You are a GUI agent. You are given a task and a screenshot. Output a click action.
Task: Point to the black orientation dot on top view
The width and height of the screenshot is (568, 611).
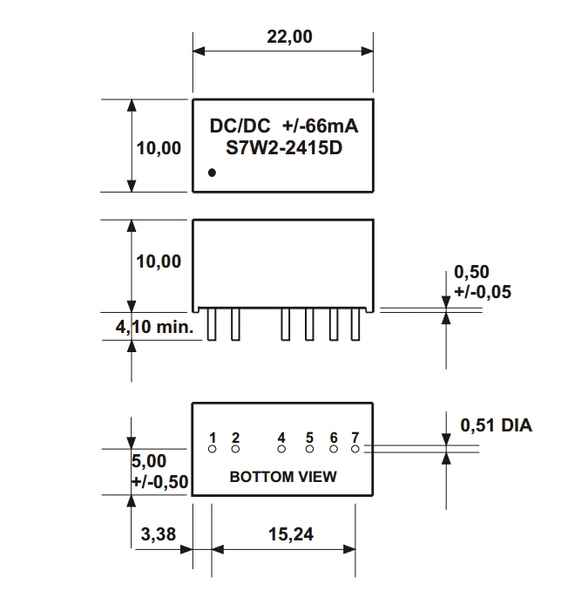pos(212,173)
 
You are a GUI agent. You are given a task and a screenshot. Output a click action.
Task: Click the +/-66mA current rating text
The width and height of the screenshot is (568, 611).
pos(321,126)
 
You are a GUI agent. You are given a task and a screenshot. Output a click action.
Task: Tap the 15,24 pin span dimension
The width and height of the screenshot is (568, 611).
pos(286,534)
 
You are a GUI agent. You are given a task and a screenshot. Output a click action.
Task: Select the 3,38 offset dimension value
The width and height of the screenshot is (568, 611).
pos(157,534)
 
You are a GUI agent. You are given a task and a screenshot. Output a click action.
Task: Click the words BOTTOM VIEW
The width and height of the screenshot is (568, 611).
pos(282,477)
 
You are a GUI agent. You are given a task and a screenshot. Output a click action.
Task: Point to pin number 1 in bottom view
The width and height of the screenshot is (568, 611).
pos(212,437)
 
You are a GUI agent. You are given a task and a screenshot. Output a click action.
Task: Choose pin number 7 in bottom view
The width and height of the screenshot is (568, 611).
pos(355,437)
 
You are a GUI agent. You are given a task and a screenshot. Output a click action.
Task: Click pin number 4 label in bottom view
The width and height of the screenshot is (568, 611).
pos(281,437)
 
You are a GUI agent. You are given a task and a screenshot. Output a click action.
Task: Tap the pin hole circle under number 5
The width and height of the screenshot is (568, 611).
pos(308,450)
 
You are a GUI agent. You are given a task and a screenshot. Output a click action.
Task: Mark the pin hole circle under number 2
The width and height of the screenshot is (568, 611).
pos(235,450)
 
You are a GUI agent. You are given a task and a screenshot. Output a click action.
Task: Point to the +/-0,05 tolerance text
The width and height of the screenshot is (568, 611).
pos(483,292)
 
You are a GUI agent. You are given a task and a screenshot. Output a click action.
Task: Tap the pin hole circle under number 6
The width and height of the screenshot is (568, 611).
pos(334,450)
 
